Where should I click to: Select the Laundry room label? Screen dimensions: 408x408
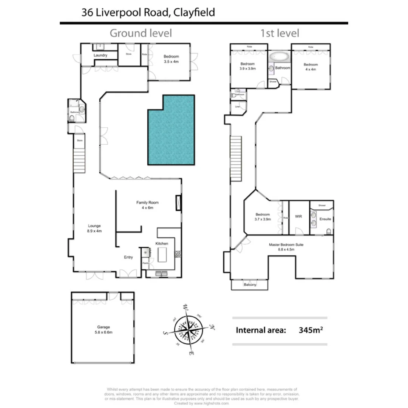click(x=100, y=56)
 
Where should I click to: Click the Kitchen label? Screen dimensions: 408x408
click(x=162, y=244)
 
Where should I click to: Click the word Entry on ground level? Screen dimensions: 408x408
click(x=128, y=257)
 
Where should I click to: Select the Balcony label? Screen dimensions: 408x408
click(x=250, y=285)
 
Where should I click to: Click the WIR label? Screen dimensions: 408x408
click(x=298, y=217)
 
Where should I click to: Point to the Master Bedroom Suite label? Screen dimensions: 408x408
click(x=286, y=247)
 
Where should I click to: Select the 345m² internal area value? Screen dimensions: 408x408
click(x=311, y=330)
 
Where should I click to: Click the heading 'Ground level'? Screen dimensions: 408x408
click(x=141, y=33)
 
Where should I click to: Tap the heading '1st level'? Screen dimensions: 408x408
click(x=280, y=33)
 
